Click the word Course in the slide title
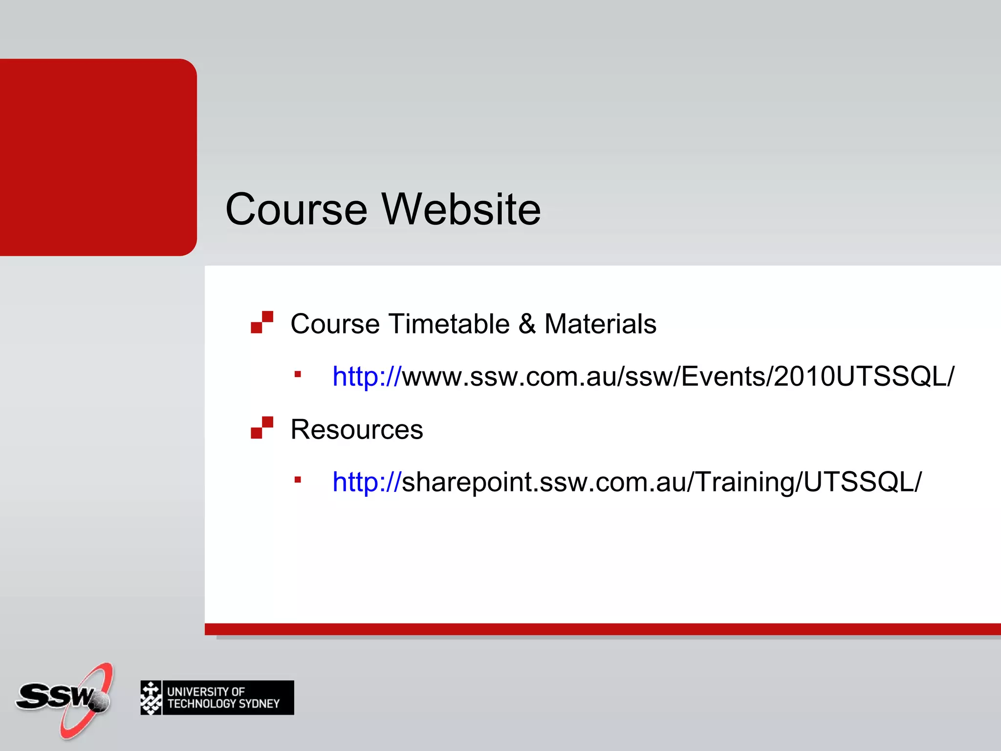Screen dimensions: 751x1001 click(x=296, y=209)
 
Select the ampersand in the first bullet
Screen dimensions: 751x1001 click(x=527, y=324)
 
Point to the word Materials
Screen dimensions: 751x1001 click(x=600, y=324)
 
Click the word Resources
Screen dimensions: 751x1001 click(x=357, y=429)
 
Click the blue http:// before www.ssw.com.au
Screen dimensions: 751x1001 click(x=367, y=376)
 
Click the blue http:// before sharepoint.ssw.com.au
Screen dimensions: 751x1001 click(x=367, y=482)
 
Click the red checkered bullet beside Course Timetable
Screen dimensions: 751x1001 click(x=262, y=322)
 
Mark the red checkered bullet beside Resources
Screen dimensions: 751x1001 click(x=262, y=428)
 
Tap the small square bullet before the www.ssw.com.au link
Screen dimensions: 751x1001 click(x=298, y=375)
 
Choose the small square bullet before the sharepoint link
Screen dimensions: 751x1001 click(x=298, y=480)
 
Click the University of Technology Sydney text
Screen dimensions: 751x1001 click(x=223, y=698)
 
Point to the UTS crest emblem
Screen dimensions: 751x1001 click(x=151, y=698)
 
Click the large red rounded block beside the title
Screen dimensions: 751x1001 click(x=98, y=157)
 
